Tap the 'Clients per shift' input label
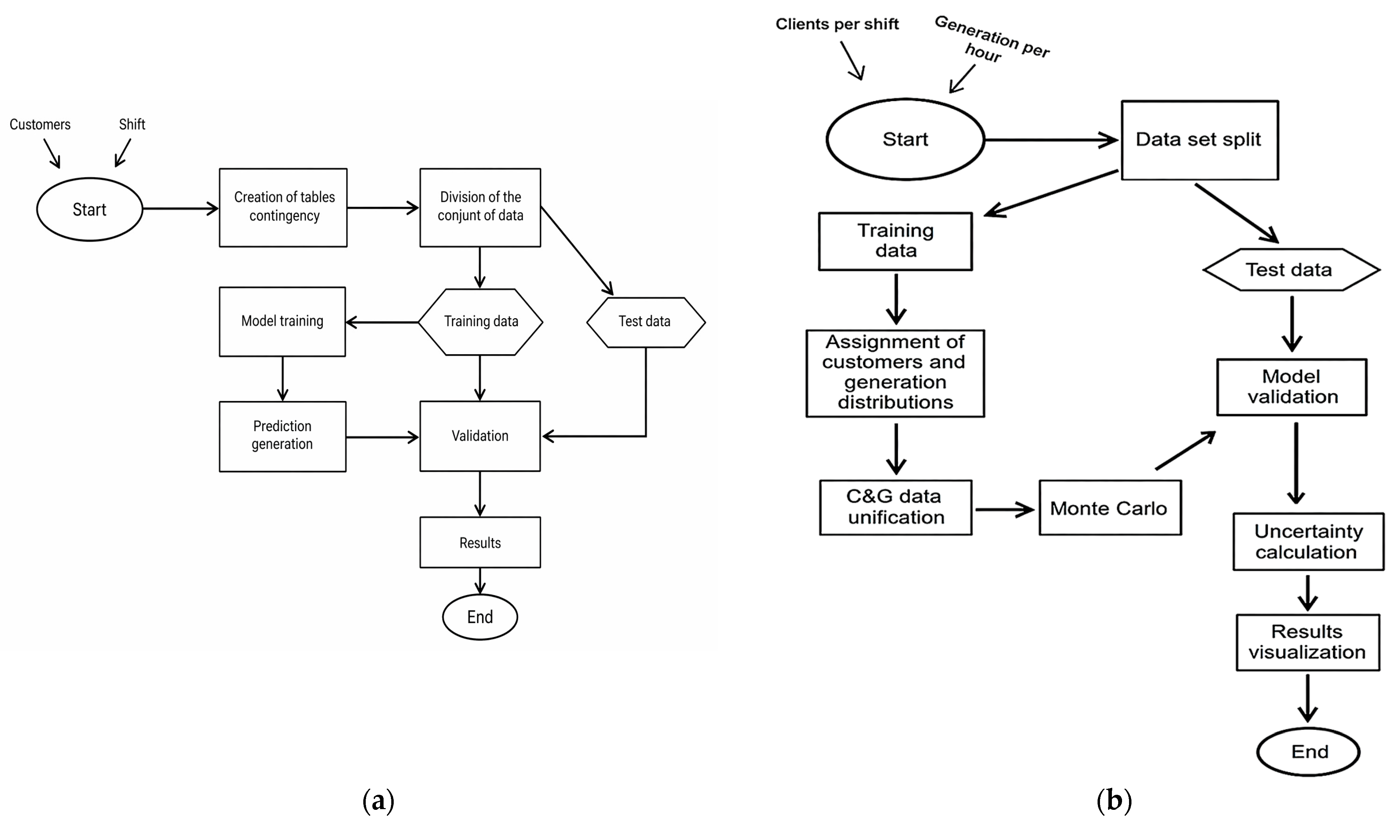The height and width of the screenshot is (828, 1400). tap(837, 24)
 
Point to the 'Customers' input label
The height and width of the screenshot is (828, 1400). tap(40, 124)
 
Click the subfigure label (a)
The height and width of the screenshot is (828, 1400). tap(378, 801)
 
